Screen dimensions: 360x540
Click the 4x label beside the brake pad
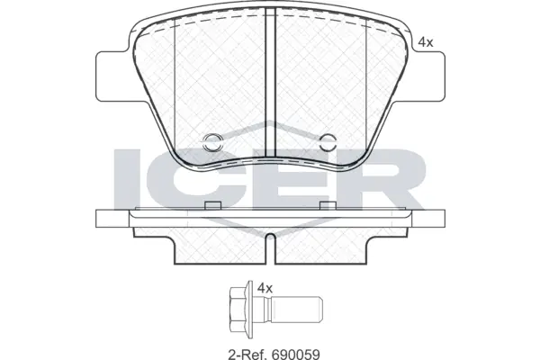pyautogui.click(x=426, y=42)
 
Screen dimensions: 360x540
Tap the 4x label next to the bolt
pyautogui.click(x=265, y=288)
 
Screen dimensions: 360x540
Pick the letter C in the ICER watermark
pyautogui.click(x=196, y=180)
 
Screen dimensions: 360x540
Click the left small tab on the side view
pyautogui.click(x=213, y=206)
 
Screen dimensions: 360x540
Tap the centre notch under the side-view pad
pyautogui.click(x=270, y=241)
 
